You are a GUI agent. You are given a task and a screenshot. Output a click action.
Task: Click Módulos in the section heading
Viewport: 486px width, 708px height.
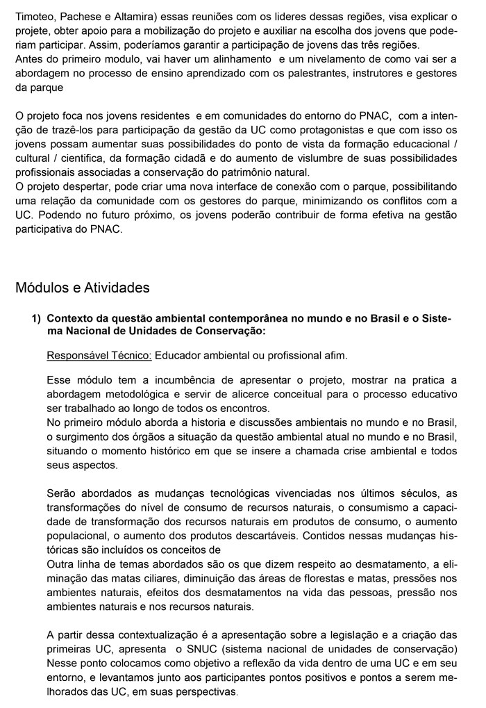[42, 287]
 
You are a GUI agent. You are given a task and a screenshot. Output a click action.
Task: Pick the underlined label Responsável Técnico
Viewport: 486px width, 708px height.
[99, 356]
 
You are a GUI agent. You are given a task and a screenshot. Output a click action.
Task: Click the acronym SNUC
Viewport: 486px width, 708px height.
[192, 649]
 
